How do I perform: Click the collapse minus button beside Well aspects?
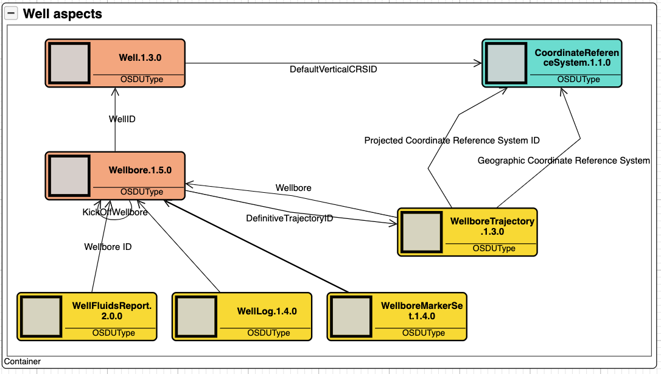coord(12,14)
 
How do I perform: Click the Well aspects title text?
coord(62,14)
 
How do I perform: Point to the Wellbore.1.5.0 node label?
coord(140,170)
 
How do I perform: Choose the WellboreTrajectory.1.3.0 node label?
coord(492,226)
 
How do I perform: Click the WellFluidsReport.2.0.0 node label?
coord(111,311)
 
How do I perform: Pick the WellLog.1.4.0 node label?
coord(267,311)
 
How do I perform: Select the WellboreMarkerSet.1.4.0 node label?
coord(422,311)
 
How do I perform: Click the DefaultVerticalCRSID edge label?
coord(333,69)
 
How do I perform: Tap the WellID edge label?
coord(122,119)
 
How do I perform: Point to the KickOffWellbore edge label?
coord(115,212)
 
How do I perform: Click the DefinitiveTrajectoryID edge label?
coord(289,218)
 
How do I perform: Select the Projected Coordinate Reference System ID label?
coord(452,140)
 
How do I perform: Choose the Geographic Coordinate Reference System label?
coord(564,161)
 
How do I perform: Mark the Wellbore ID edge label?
coord(108,247)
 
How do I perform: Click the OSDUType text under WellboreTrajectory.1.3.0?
coord(494,248)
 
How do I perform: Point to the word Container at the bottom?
coord(23,361)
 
